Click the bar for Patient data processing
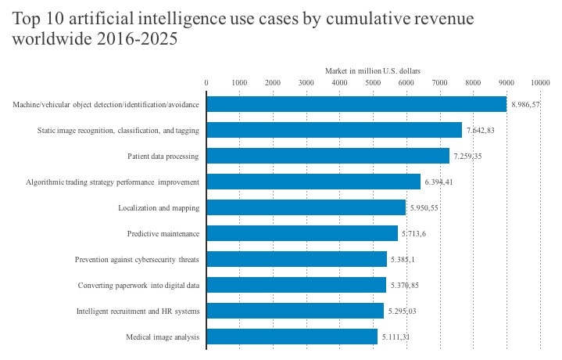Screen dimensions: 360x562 pyautogui.click(x=328, y=157)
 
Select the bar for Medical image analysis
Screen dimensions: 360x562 pyautogui.click(x=292, y=337)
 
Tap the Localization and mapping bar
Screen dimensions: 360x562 pyautogui.click(x=306, y=207)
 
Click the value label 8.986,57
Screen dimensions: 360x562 pyautogui.click(x=525, y=105)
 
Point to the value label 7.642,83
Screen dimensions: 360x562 pyautogui.click(x=481, y=131)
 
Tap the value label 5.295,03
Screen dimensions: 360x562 pyautogui.click(x=403, y=311)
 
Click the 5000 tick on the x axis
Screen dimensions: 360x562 pyautogui.click(x=373, y=82)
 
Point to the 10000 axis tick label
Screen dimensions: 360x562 pyautogui.click(x=540, y=82)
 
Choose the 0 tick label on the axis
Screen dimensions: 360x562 pyautogui.click(x=206, y=82)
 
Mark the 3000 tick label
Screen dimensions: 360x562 pyautogui.click(x=306, y=82)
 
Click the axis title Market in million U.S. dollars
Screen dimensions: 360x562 pyautogui.click(x=373, y=71)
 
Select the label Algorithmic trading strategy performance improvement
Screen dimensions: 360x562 pyautogui.click(x=113, y=182)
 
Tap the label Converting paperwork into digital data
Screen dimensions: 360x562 pyautogui.click(x=138, y=286)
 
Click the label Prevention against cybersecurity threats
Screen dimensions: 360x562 pyautogui.click(x=137, y=260)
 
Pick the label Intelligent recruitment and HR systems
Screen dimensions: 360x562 pyautogui.click(x=138, y=311)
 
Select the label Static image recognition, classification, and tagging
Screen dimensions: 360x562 pyautogui.click(x=118, y=131)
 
